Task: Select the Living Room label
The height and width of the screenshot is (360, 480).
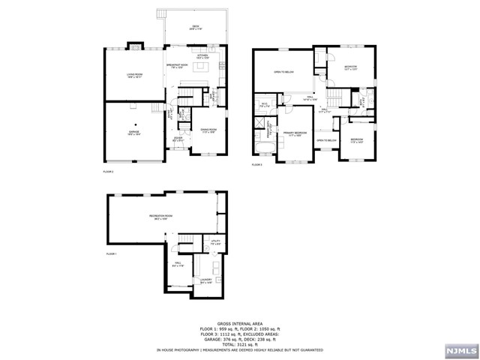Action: click(x=133, y=75)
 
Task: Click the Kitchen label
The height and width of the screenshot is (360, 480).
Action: click(x=202, y=56)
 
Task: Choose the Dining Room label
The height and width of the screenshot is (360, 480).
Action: click(x=208, y=130)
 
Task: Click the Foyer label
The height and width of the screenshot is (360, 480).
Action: click(x=178, y=139)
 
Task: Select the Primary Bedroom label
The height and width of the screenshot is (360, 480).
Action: click(x=292, y=134)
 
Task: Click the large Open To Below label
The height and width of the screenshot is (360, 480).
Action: click(x=283, y=73)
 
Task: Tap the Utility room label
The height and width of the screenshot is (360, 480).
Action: click(x=215, y=243)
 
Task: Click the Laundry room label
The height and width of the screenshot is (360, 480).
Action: click(x=207, y=282)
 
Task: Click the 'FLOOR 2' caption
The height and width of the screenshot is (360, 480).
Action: click(x=108, y=172)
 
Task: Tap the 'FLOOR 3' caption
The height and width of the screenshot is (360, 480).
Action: click(x=257, y=164)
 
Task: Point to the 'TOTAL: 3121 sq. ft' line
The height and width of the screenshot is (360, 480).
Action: click(x=239, y=343)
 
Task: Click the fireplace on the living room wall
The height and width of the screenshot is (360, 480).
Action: click(x=134, y=45)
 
